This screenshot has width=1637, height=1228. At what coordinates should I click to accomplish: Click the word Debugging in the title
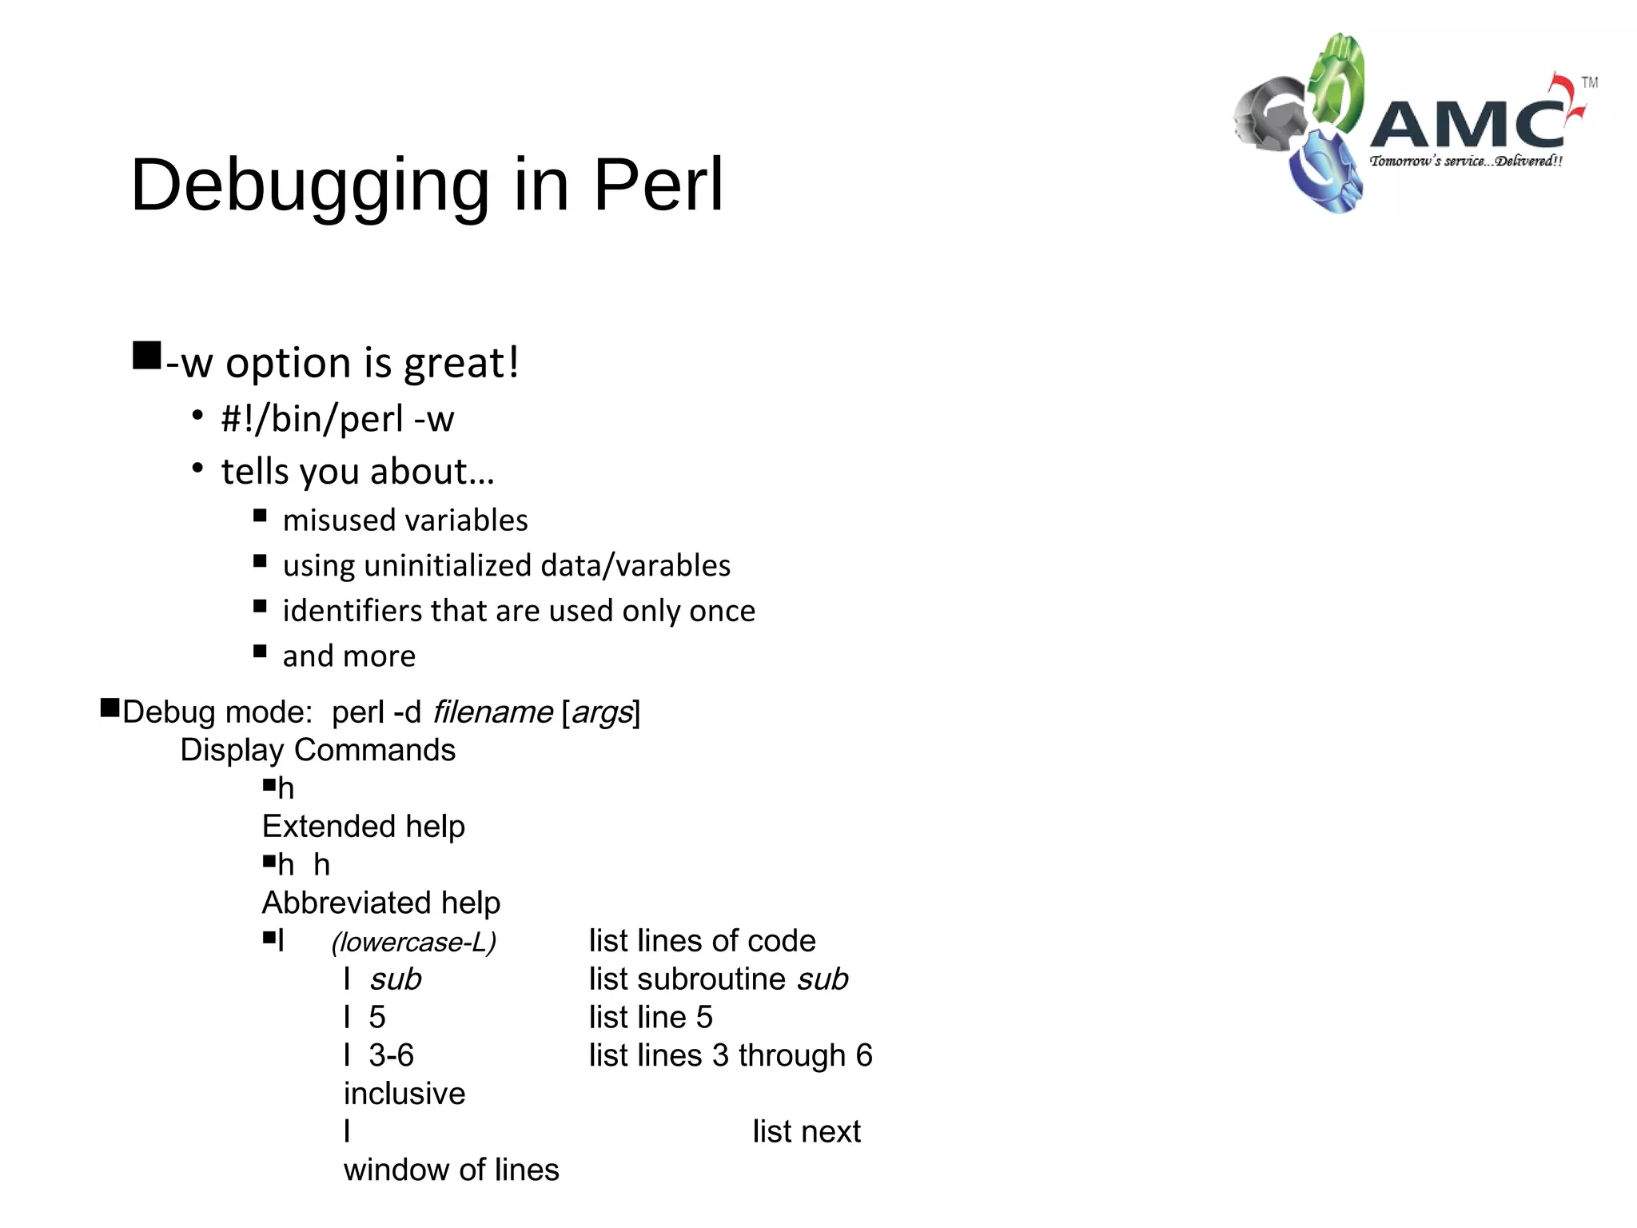click(x=309, y=185)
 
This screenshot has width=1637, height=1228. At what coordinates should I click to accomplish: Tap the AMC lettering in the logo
click(x=1468, y=124)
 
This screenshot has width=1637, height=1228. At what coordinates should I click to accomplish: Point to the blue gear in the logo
click(x=1323, y=172)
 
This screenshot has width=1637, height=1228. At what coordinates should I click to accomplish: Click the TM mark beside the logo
click(x=1589, y=82)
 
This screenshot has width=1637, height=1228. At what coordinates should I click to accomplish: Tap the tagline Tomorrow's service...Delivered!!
click(x=1465, y=161)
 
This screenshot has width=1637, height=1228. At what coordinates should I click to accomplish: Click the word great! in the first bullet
click(x=461, y=363)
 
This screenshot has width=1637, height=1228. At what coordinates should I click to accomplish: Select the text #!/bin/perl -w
click(x=337, y=419)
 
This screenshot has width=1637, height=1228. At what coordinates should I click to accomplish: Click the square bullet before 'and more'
click(x=260, y=652)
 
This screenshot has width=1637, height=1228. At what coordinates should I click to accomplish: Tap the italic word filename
click(x=492, y=712)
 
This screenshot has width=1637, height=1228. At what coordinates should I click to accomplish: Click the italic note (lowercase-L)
click(x=414, y=942)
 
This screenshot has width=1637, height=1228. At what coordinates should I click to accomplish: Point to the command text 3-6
click(x=391, y=1055)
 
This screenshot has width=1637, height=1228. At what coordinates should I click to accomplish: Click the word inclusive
click(x=404, y=1094)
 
